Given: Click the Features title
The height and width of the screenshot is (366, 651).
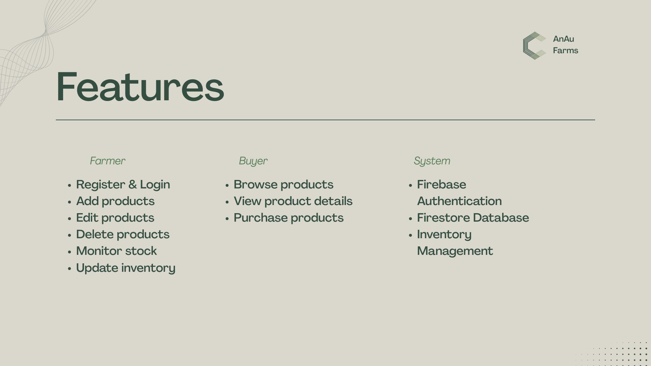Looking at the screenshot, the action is point(140,87).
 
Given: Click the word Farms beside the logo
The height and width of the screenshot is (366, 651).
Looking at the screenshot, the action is point(565,50).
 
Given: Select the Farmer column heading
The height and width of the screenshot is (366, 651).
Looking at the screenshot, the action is point(107,161).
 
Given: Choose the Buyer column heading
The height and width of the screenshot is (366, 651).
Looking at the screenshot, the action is point(253,161).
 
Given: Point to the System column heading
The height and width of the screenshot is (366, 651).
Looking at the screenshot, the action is point(432,161).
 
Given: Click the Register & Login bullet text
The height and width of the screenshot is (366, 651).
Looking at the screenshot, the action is point(123,185).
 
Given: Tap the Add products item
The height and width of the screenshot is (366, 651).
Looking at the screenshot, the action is point(115,201).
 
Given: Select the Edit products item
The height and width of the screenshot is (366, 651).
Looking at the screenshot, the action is point(115,218).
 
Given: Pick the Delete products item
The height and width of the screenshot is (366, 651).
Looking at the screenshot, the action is point(123,235).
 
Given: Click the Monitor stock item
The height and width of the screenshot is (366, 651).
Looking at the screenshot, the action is point(117,251).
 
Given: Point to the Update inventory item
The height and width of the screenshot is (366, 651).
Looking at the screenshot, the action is point(126,268).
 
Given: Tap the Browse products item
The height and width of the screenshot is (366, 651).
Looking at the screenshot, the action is point(283,185).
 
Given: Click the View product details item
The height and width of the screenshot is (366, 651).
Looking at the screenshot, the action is point(293,201).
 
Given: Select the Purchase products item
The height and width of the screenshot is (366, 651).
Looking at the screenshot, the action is point(289,218).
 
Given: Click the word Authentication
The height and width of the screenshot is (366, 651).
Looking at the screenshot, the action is point(459,201).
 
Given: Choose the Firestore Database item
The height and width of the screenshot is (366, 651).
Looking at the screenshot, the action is point(473,218).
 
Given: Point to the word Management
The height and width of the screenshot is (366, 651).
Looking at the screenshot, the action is point(455,251).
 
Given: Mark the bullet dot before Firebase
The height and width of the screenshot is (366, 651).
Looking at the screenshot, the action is point(410,185).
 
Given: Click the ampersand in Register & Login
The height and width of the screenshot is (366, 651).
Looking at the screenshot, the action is point(133,185).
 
